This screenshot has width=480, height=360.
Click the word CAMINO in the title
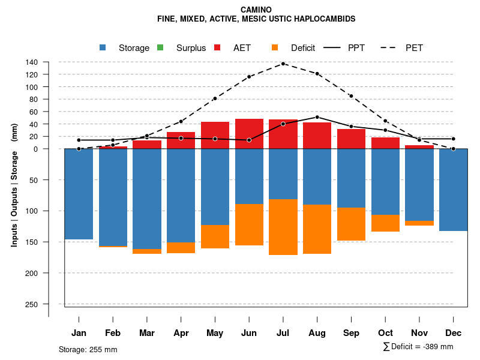point(256,10)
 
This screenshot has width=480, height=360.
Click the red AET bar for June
point(249,134)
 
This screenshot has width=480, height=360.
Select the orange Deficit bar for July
point(283,227)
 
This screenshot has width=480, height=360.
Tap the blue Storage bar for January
point(79,194)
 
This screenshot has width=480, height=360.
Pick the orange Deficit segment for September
point(351,224)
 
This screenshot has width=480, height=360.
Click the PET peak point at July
point(283,64)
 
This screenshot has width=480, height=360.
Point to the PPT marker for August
point(317,117)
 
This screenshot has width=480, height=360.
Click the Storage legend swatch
point(103,48)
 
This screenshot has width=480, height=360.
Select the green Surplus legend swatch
point(160,48)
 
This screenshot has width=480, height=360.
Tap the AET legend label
point(242,48)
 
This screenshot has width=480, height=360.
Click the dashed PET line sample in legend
point(390,48)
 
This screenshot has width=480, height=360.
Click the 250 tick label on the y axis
point(32,304)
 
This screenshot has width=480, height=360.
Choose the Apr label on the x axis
point(181,333)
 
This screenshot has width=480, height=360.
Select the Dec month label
point(454,333)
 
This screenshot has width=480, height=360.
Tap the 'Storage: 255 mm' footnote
point(88,349)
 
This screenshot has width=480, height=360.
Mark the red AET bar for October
point(385,143)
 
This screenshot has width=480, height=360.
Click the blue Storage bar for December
point(454,190)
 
